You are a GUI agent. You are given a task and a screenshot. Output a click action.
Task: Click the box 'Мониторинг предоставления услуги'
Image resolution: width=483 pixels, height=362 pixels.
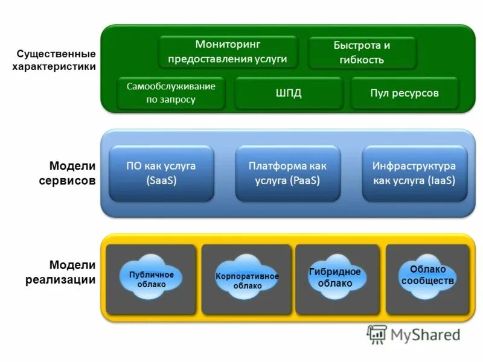[228, 52]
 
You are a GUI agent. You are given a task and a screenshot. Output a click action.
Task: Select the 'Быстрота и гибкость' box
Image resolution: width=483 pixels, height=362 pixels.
[362, 53]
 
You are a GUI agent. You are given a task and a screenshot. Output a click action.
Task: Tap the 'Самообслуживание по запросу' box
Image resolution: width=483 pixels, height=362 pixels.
[171, 93]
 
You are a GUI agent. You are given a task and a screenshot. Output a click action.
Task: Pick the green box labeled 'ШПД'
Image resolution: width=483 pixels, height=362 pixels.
[288, 93]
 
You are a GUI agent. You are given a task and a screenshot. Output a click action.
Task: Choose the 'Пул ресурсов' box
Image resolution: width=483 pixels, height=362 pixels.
[404, 93]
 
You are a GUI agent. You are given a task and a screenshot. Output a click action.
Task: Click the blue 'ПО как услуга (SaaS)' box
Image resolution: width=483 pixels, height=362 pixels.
[161, 173]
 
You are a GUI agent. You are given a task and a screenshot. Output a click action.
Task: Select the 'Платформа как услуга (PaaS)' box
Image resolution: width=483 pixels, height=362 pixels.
[287, 173]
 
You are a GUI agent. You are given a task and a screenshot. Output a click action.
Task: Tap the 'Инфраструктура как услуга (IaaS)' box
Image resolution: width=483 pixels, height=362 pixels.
[414, 173]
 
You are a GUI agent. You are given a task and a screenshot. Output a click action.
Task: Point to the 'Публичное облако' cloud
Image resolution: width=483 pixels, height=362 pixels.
[151, 279]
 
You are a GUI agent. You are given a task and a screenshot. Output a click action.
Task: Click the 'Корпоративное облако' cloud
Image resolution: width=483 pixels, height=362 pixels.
[247, 281]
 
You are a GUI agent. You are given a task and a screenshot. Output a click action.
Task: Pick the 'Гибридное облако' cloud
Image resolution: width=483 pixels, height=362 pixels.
[334, 277]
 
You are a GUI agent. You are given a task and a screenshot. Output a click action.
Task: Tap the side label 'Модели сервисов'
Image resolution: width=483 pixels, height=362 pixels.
[72, 173]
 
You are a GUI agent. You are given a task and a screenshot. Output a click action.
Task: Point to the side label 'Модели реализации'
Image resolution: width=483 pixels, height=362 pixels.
[60, 272]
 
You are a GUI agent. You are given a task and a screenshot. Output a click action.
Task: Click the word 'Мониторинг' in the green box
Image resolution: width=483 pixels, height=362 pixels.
[227, 44]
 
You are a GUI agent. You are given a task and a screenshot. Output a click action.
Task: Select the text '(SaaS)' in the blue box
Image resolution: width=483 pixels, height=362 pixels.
[161, 180]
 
